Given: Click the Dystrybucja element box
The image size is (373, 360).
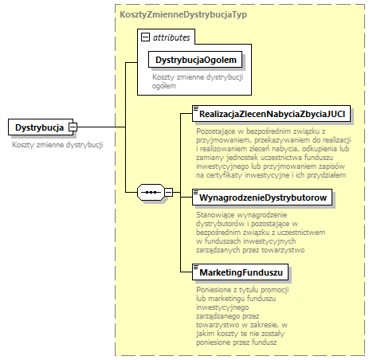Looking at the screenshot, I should coord(40,127).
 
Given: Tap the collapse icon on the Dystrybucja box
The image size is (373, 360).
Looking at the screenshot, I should coord(73,127).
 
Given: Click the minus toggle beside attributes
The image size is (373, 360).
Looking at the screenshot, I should coord(144,37).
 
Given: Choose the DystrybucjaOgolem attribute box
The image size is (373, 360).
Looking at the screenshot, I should coord(195,61).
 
